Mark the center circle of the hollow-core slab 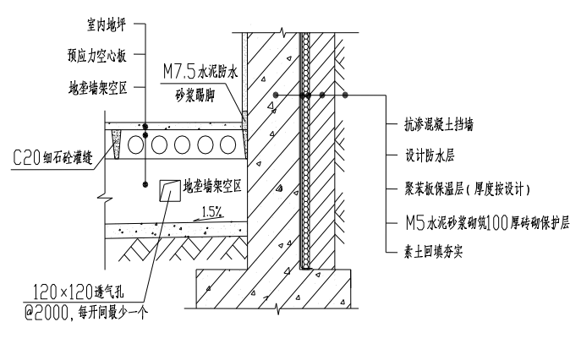[x=183, y=145]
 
